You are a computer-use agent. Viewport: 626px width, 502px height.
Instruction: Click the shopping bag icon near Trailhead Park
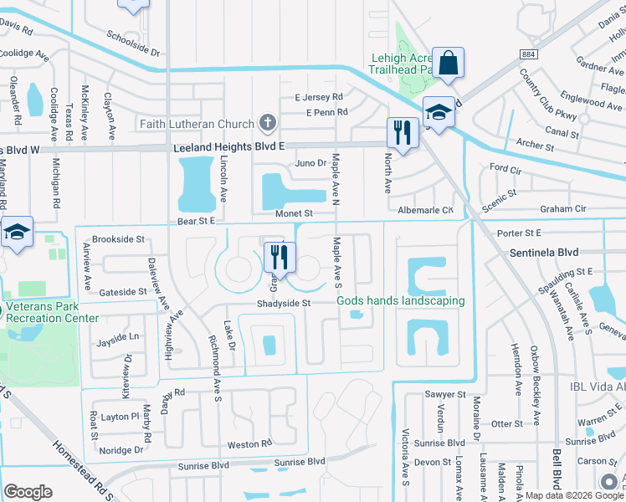coord(448,63)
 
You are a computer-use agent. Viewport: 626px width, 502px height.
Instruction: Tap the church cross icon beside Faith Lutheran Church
coord(268,125)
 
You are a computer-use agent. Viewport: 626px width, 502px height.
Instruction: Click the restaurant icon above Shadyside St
coord(280,257)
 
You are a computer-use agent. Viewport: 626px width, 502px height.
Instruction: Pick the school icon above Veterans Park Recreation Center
coord(16,233)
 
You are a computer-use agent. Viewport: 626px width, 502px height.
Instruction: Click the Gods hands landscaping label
coord(400,301)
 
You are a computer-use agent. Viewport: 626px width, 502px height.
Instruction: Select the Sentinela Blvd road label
coord(545,251)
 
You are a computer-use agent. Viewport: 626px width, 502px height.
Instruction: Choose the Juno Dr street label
coord(310,163)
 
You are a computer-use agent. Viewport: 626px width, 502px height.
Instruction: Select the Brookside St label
coord(120,239)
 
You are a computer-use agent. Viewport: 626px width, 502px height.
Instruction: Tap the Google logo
coord(28,492)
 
